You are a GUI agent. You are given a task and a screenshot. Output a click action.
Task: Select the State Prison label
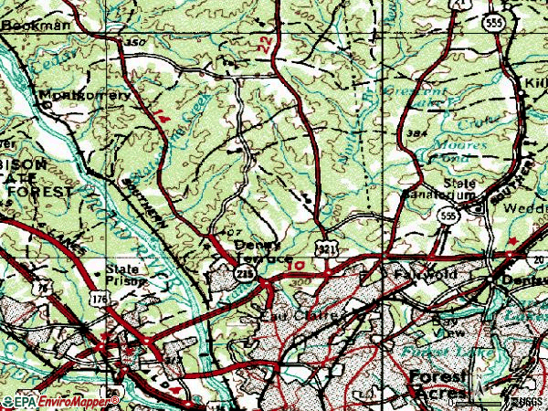pos(121,275)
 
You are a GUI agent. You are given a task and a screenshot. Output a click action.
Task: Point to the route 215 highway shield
pos(244,274)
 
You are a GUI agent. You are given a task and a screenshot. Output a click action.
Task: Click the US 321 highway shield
pos(325,248)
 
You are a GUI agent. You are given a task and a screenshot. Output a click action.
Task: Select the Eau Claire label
pos(290,317)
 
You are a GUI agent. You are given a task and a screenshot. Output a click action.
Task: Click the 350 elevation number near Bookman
pos(135,43)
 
